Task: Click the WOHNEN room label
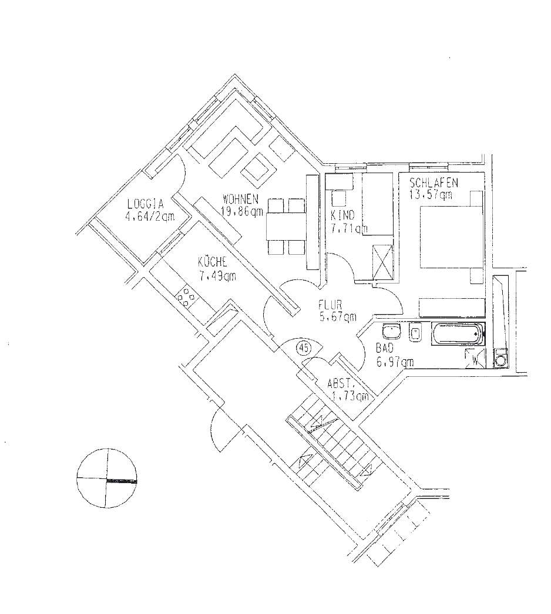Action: point(240,199)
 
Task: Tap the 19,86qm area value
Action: point(242,211)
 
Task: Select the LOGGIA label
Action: point(145,204)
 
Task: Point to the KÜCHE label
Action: point(213,261)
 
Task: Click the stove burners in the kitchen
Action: point(187,297)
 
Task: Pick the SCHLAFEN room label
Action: point(434,183)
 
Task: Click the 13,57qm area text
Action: point(431,195)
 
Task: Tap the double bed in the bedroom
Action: point(451,237)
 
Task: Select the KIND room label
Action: point(342,215)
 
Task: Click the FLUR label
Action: point(330,304)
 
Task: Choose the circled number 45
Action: point(302,348)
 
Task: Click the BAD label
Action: point(384,348)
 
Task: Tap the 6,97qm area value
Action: point(395,362)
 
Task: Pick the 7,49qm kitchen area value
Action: point(217,276)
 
